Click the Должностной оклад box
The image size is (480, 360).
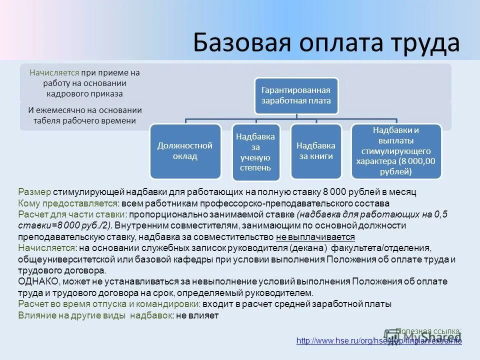(x=185, y=151)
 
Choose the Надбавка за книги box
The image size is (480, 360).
(x=315, y=151)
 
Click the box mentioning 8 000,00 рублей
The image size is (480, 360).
(x=396, y=151)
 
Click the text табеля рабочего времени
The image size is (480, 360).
(x=85, y=120)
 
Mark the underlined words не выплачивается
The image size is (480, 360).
(x=315, y=236)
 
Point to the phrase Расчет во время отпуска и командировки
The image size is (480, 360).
(x=109, y=303)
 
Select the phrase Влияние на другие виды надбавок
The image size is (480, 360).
(x=95, y=315)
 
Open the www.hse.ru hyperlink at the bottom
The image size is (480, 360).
(x=378, y=340)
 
